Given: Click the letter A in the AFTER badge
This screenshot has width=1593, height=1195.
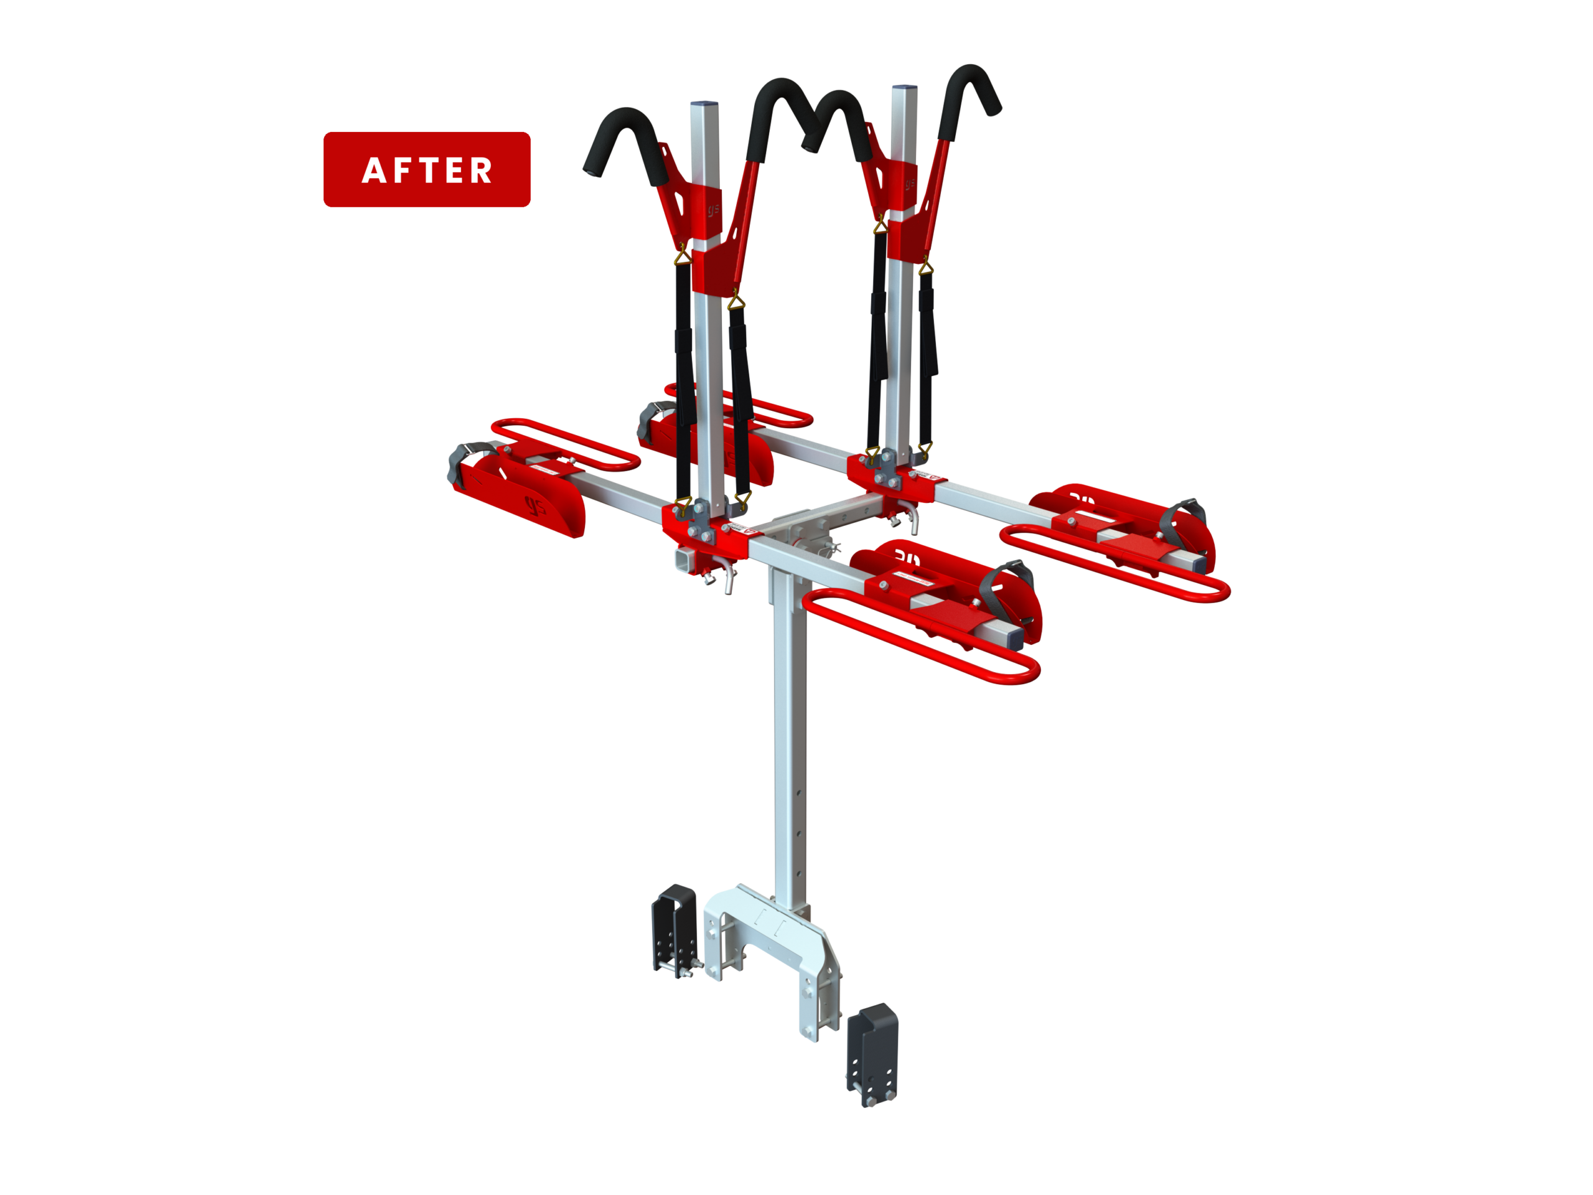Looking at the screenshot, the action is [x=374, y=171].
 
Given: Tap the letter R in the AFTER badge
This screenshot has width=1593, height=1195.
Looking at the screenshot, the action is [x=480, y=171].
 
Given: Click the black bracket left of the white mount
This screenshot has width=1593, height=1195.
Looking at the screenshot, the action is [x=675, y=930].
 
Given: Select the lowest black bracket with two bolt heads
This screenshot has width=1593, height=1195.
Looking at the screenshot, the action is [x=874, y=1054].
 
